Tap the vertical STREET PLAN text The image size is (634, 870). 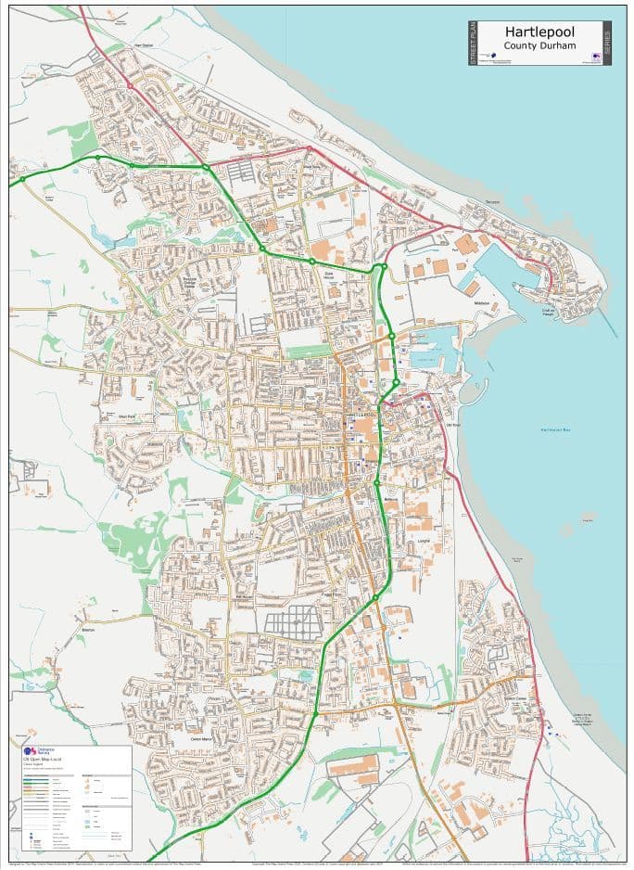pos(473,42)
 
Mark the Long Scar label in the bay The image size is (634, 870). pos(588,521)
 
